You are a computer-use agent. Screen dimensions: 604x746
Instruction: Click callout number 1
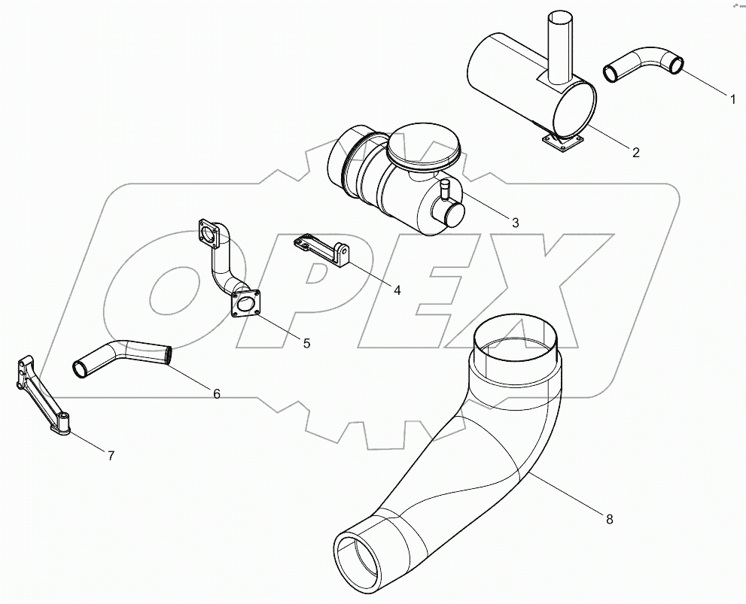[731, 98]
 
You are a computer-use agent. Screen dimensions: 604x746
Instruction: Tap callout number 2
[635, 153]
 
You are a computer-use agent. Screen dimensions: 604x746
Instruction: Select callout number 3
[515, 222]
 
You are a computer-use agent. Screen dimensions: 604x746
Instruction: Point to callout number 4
[396, 288]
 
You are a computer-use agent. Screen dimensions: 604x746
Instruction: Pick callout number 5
[306, 343]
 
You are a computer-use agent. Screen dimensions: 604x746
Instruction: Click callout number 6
[216, 393]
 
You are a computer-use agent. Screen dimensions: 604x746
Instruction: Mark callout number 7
[111, 455]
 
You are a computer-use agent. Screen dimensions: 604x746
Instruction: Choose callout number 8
[609, 519]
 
